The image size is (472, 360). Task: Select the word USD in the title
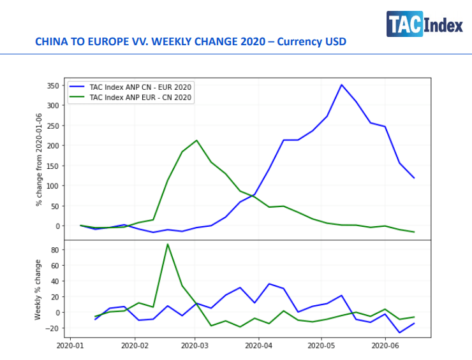pos(335,42)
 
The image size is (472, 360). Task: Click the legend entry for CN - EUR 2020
pos(140,87)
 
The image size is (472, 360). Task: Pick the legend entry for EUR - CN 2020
pos(140,97)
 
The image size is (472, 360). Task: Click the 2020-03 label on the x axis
pos(195,346)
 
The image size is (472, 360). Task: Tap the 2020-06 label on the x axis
pos(385,346)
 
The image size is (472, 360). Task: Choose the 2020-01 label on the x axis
pos(71,346)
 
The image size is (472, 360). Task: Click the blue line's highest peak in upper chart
pos(342,85)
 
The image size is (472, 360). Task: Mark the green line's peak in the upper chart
pos(196,140)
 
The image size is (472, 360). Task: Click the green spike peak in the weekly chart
pos(168,244)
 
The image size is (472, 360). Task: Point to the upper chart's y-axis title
pos(39,159)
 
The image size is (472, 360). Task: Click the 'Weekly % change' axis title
pos(39,289)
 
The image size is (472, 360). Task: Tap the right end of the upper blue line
pos(415,178)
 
